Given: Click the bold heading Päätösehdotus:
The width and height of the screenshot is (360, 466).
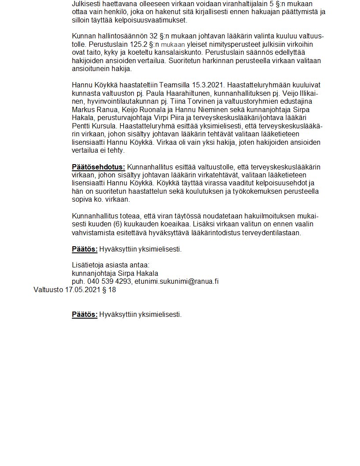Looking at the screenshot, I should (98, 167).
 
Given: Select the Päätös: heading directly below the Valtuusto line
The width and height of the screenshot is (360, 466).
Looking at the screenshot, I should (85, 315).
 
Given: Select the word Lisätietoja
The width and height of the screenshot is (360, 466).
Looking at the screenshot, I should (89, 265).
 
